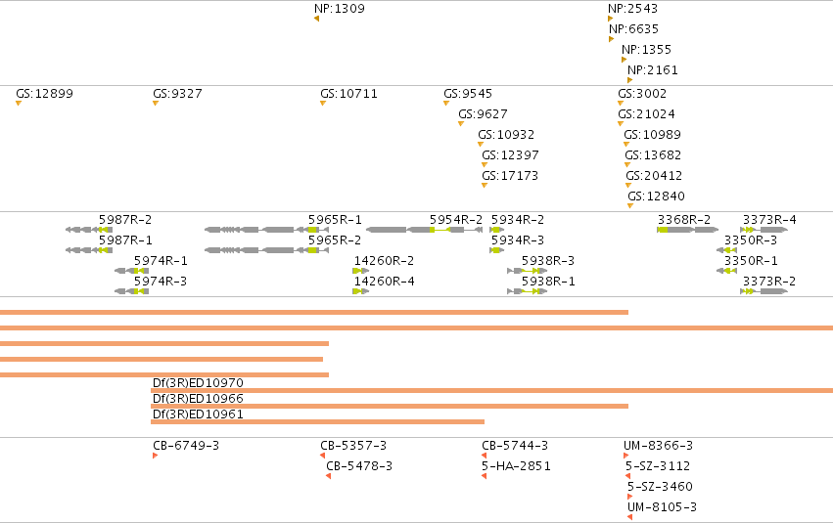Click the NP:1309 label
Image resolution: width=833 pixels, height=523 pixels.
(340, 9)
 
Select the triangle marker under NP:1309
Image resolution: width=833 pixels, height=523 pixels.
(316, 19)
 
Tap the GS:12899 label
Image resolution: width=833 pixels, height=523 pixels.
(45, 93)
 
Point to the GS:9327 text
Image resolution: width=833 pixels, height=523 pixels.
(177, 93)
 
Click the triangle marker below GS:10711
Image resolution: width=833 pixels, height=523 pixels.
(323, 103)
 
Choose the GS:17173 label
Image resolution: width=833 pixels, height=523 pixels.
(510, 176)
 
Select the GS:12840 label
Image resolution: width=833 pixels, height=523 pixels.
(656, 196)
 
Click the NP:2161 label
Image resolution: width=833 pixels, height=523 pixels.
(652, 70)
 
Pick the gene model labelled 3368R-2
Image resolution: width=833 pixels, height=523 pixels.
(688, 230)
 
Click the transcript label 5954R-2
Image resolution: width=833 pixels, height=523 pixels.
(456, 220)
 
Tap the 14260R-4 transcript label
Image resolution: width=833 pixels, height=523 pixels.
(384, 282)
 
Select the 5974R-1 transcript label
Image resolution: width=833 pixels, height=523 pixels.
(161, 260)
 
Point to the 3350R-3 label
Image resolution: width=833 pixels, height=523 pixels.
(751, 240)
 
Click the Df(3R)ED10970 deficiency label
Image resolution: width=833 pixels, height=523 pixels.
(198, 383)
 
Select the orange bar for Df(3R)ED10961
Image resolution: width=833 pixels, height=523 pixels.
(318, 421)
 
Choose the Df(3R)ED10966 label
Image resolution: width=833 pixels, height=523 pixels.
(198, 398)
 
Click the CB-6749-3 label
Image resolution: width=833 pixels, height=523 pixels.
(186, 446)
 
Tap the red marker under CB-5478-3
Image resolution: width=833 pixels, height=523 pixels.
(328, 476)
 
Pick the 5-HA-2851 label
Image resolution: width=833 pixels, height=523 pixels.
(516, 466)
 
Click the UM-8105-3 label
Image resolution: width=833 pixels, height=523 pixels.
(662, 507)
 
